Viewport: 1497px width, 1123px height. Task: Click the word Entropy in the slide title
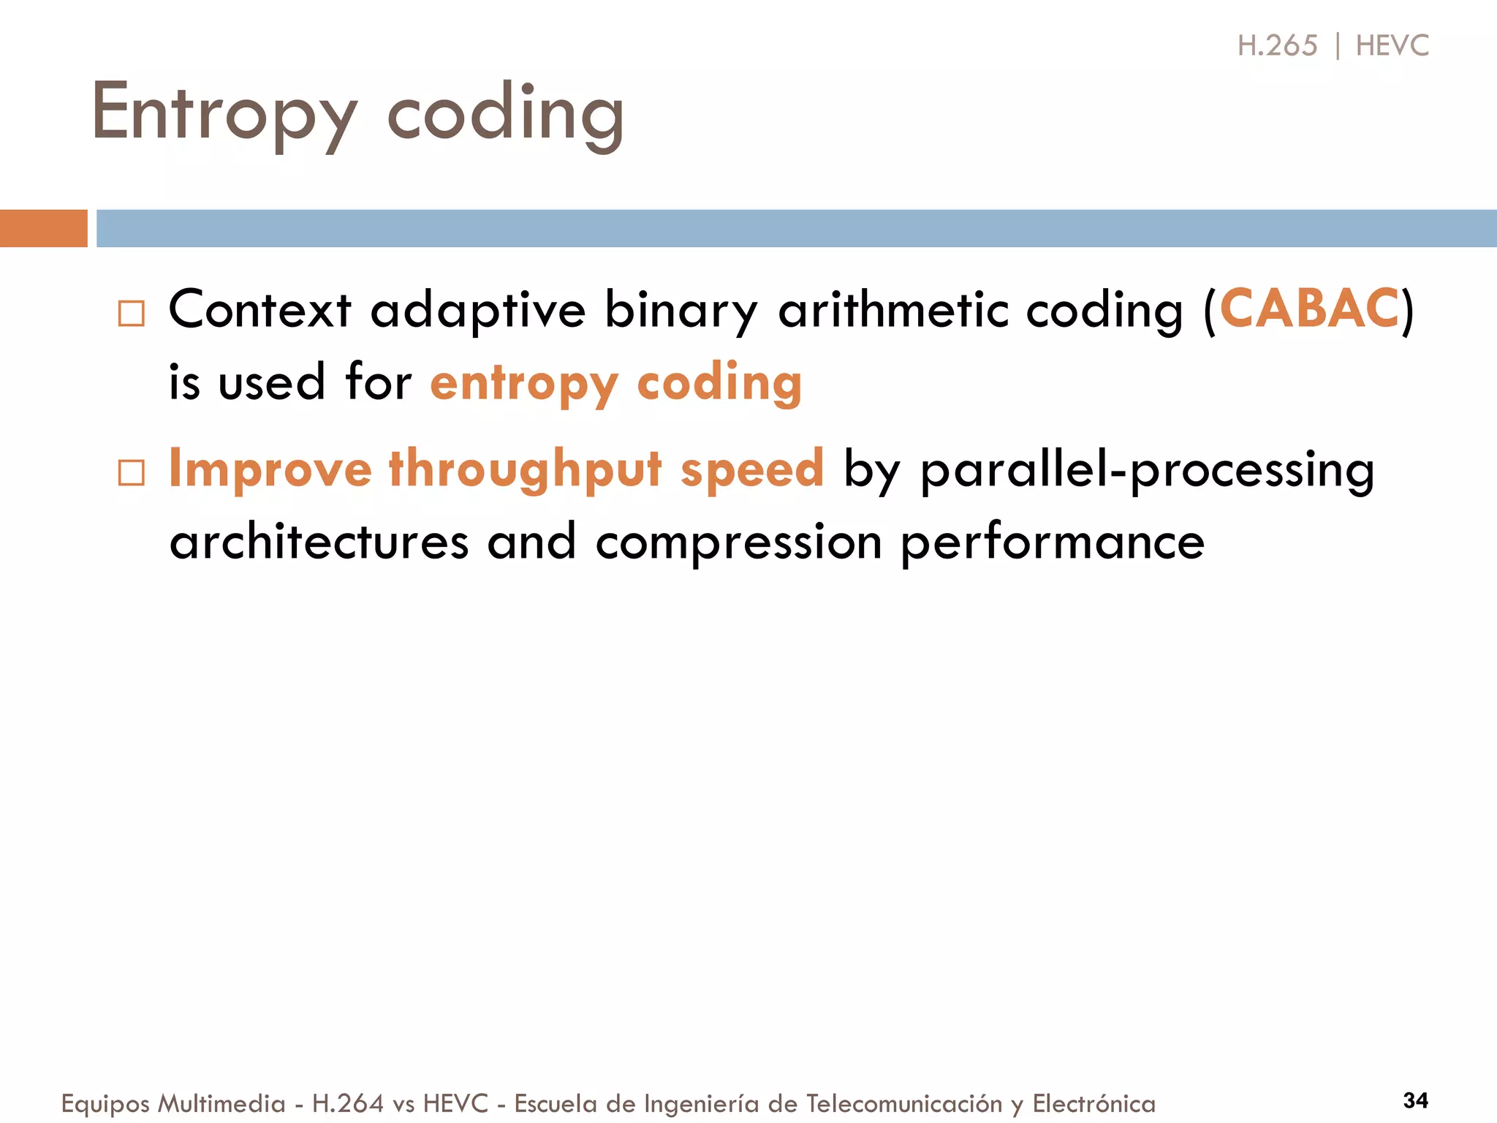(x=224, y=113)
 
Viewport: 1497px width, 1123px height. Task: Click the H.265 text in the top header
(x=1277, y=46)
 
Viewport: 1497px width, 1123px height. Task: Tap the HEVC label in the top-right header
(x=1392, y=46)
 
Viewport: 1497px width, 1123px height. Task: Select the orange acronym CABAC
(x=1308, y=309)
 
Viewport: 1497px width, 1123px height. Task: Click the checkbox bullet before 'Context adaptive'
(x=132, y=314)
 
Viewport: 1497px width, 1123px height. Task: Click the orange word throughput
(x=525, y=469)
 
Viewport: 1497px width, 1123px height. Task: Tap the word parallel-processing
(x=1147, y=469)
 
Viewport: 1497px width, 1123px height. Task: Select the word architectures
(x=319, y=542)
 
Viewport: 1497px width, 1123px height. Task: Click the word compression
(x=738, y=542)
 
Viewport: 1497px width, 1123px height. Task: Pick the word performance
(x=1052, y=542)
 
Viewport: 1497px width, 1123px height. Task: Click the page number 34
(x=1415, y=1100)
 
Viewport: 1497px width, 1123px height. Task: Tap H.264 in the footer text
(x=347, y=1103)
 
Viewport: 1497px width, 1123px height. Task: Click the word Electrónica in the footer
(x=1094, y=1103)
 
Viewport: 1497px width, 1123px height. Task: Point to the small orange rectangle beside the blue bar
(x=43, y=228)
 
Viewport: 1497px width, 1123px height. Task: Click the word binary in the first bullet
(x=681, y=310)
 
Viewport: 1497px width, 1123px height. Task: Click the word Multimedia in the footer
(x=221, y=1103)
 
